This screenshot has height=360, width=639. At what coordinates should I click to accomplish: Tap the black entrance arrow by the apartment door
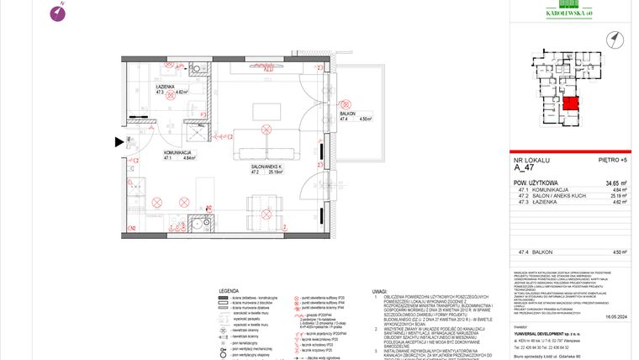point(119,141)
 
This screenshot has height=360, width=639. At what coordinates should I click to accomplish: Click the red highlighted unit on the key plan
point(571,105)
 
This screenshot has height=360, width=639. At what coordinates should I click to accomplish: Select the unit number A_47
point(525,167)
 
